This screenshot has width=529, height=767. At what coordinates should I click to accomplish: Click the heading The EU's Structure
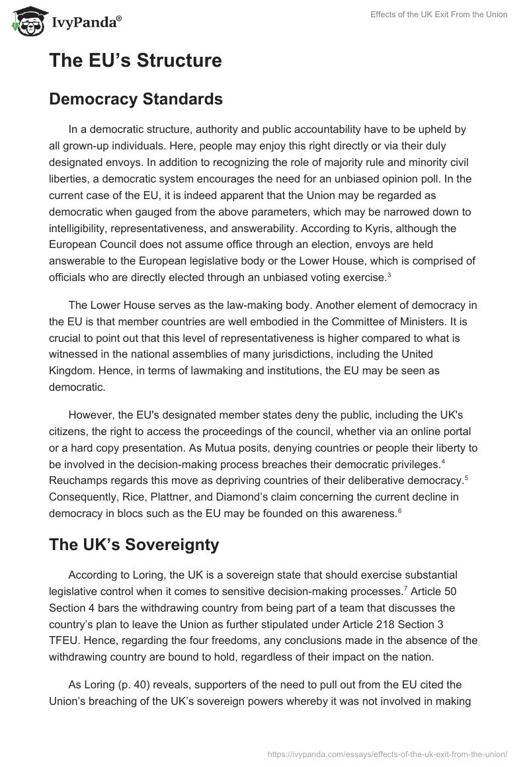point(136,61)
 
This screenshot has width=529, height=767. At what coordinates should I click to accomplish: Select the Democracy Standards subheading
point(136,100)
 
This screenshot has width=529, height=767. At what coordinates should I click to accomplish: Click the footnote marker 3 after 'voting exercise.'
point(388,274)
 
